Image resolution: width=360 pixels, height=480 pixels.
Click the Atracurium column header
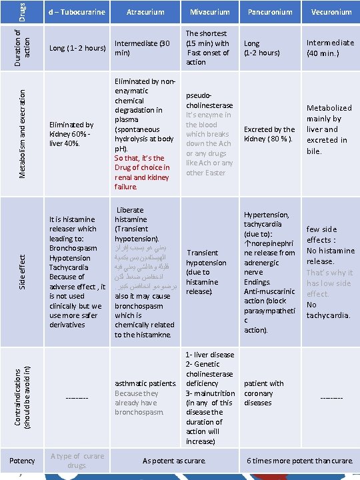[145, 12]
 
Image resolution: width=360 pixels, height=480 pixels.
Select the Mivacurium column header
[209, 12]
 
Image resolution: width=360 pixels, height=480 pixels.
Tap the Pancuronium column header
[270, 12]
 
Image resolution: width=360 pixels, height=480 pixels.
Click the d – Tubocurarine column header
[77, 12]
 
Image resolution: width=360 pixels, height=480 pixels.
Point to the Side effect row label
[21, 270]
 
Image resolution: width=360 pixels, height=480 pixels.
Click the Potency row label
[22, 461]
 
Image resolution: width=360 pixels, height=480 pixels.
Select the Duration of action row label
[22, 47]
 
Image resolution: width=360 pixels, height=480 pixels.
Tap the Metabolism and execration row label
[22, 131]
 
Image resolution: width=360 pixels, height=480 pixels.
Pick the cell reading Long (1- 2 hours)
[77, 48]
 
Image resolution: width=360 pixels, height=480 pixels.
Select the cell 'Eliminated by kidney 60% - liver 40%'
[71, 134]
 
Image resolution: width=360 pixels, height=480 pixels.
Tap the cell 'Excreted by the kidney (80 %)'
[269, 134]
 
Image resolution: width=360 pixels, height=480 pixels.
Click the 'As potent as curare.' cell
[175, 461]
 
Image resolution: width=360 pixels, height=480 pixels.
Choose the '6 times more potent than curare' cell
[300, 461]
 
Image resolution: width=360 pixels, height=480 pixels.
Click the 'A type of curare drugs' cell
[77, 461]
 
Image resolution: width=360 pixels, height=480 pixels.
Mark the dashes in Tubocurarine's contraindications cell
[77, 398]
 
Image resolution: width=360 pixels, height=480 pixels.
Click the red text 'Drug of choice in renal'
[142, 167]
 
